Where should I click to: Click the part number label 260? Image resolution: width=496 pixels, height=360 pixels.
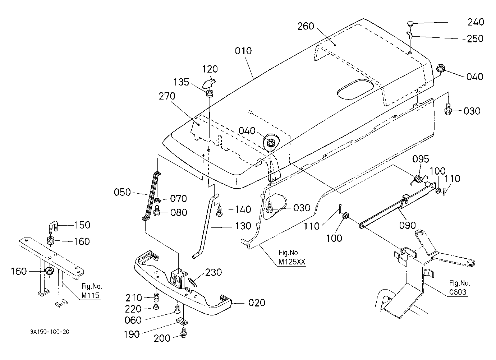[x=306, y=26]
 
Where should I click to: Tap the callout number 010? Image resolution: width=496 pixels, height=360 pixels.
[x=243, y=51]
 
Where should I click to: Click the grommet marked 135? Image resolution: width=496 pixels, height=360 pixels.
[x=210, y=93]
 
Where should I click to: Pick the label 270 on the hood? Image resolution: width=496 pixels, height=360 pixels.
[x=167, y=96]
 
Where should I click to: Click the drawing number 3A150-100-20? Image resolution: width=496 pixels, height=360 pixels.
[x=50, y=332]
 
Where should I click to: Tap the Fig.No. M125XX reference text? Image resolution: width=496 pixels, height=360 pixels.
[x=291, y=257]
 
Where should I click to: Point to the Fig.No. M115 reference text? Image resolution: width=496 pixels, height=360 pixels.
[x=92, y=291]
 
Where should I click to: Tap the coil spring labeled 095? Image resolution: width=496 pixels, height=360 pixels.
[x=418, y=179]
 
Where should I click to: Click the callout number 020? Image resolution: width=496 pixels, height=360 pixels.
[x=257, y=303]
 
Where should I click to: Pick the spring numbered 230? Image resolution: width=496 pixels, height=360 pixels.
[x=192, y=282]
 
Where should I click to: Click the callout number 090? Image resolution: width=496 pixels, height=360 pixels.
[x=408, y=225]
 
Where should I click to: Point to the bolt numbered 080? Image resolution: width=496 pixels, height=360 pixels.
[x=157, y=211]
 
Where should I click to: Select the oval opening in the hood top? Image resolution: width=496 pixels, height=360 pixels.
[x=355, y=89]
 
